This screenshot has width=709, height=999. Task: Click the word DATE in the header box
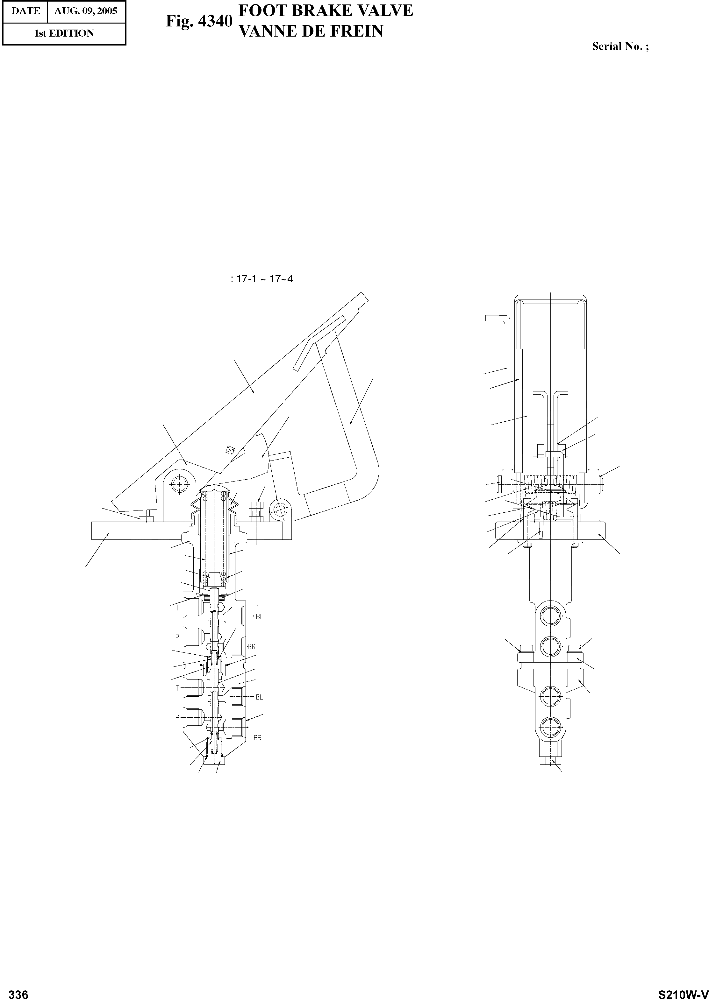click(x=26, y=11)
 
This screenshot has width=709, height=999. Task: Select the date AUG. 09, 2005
click(x=86, y=11)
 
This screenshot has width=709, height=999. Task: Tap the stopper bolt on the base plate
click(x=256, y=510)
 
